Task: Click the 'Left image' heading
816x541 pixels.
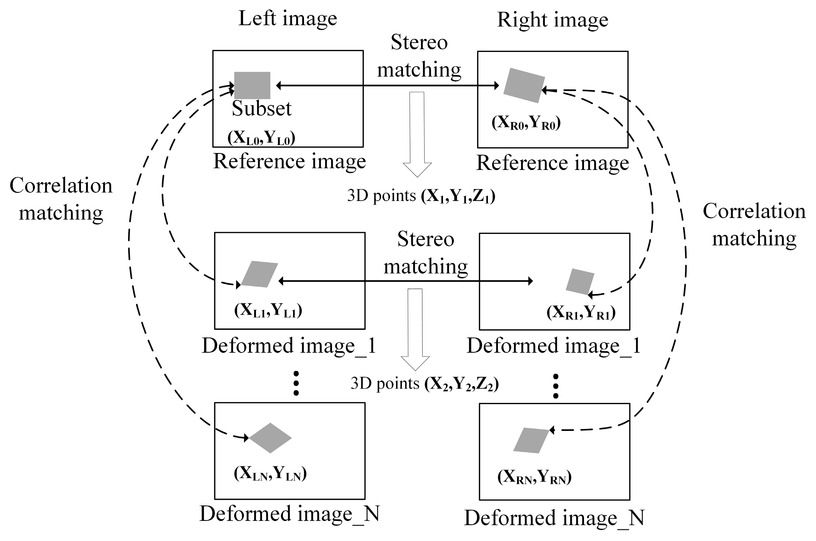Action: pyautogui.click(x=288, y=19)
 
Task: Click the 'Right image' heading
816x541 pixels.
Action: pyautogui.click(x=552, y=20)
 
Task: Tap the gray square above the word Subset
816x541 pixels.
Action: pyautogui.click(x=252, y=85)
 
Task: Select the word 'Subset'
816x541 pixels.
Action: pyautogui.click(x=261, y=108)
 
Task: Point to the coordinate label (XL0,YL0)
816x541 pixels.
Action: pyautogui.click(x=261, y=138)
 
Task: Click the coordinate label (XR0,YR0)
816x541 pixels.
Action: pyautogui.click(x=526, y=123)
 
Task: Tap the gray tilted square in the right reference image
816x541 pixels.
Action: pyautogui.click(x=524, y=85)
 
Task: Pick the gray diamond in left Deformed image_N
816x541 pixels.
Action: pyautogui.click(x=270, y=438)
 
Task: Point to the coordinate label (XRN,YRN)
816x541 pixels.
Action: pyautogui.click(x=534, y=477)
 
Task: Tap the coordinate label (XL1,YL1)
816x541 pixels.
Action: pyautogui.click(x=268, y=310)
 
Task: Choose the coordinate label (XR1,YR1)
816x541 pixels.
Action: pyautogui.click(x=581, y=313)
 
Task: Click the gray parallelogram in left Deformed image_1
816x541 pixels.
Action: pyautogui.click(x=259, y=274)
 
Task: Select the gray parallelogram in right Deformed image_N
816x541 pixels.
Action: pyautogui.click(x=531, y=440)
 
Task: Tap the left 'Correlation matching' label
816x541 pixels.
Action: pyautogui.click(x=61, y=199)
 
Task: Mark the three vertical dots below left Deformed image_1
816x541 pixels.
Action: pyautogui.click(x=296, y=383)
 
